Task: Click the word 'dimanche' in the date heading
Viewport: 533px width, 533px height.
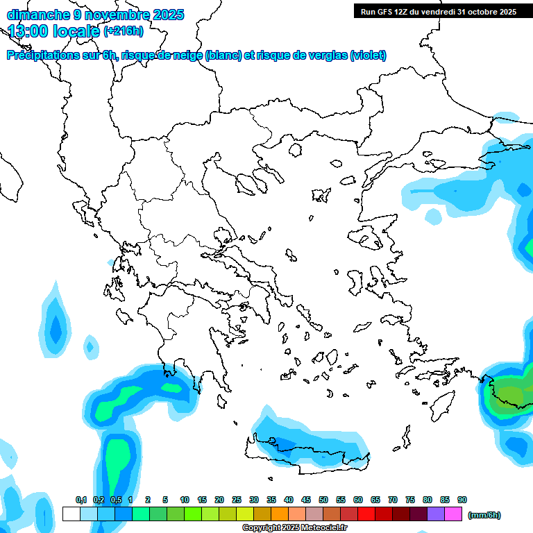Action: [x=35, y=14]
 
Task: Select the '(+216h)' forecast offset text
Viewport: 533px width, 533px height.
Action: [x=123, y=31]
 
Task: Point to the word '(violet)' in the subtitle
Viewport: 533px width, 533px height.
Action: [x=368, y=56]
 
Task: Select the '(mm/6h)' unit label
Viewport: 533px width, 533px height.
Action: [x=484, y=515]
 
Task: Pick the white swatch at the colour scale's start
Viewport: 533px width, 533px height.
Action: [x=71, y=514]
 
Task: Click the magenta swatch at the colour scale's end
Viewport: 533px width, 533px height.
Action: [x=453, y=514]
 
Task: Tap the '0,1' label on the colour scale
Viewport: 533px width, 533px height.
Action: [x=81, y=500]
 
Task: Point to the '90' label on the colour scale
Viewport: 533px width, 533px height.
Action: [x=462, y=500]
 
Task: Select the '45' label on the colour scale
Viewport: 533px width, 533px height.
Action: [x=306, y=500]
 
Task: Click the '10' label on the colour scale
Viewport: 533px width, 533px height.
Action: [x=185, y=500]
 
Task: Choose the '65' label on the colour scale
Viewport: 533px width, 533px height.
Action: [x=375, y=500]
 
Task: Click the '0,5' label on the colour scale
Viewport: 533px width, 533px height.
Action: [x=116, y=500]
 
